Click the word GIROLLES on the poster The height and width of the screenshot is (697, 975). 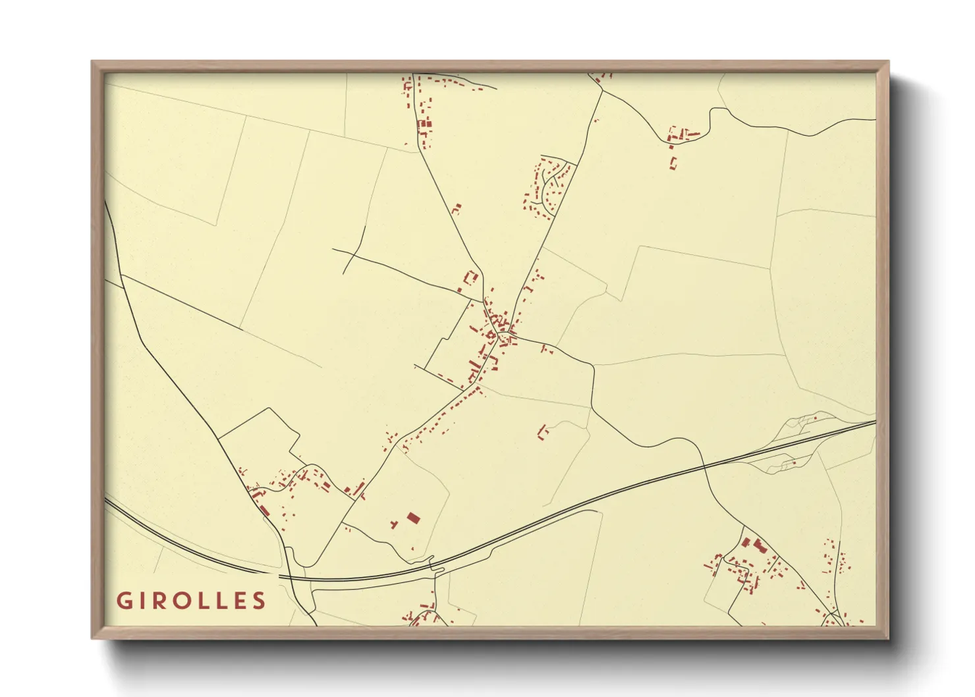(x=191, y=601)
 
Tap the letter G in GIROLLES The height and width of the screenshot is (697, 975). (x=123, y=601)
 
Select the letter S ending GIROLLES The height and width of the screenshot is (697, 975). (x=260, y=601)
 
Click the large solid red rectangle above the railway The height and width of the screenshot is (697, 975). (x=413, y=518)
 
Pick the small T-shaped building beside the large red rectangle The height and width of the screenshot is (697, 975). (x=394, y=524)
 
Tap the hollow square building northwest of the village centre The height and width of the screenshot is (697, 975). (x=471, y=277)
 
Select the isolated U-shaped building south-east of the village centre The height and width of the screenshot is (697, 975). (x=542, y=432)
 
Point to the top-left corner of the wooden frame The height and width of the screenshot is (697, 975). (x=92, y=62)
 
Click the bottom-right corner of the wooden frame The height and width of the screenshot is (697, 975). (x=888, y=638)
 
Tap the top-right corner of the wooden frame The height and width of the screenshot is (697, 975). (x=888, y=62)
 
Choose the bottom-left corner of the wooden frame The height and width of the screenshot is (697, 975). (x=92, y=638)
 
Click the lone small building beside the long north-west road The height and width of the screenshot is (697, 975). (x=456, y=209)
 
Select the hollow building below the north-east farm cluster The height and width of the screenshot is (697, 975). (x=672, y=162)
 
